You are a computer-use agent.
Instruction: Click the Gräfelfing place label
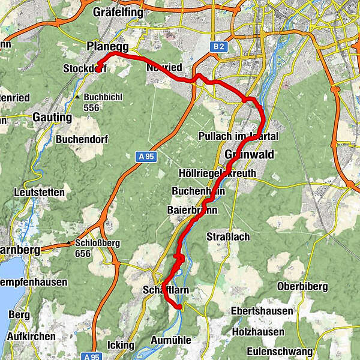tap(118, 12)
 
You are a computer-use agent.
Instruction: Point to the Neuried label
tap(164, 68)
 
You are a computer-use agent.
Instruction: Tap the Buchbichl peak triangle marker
tap(77, 96)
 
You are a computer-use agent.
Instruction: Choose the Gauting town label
tap(53, 117)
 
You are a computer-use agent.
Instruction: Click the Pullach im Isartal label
tap(238, 136)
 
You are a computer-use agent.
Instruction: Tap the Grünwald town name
tap(249, 155)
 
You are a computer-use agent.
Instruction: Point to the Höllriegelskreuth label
tap(217, 173)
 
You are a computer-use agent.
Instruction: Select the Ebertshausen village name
tap(263, 311)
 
